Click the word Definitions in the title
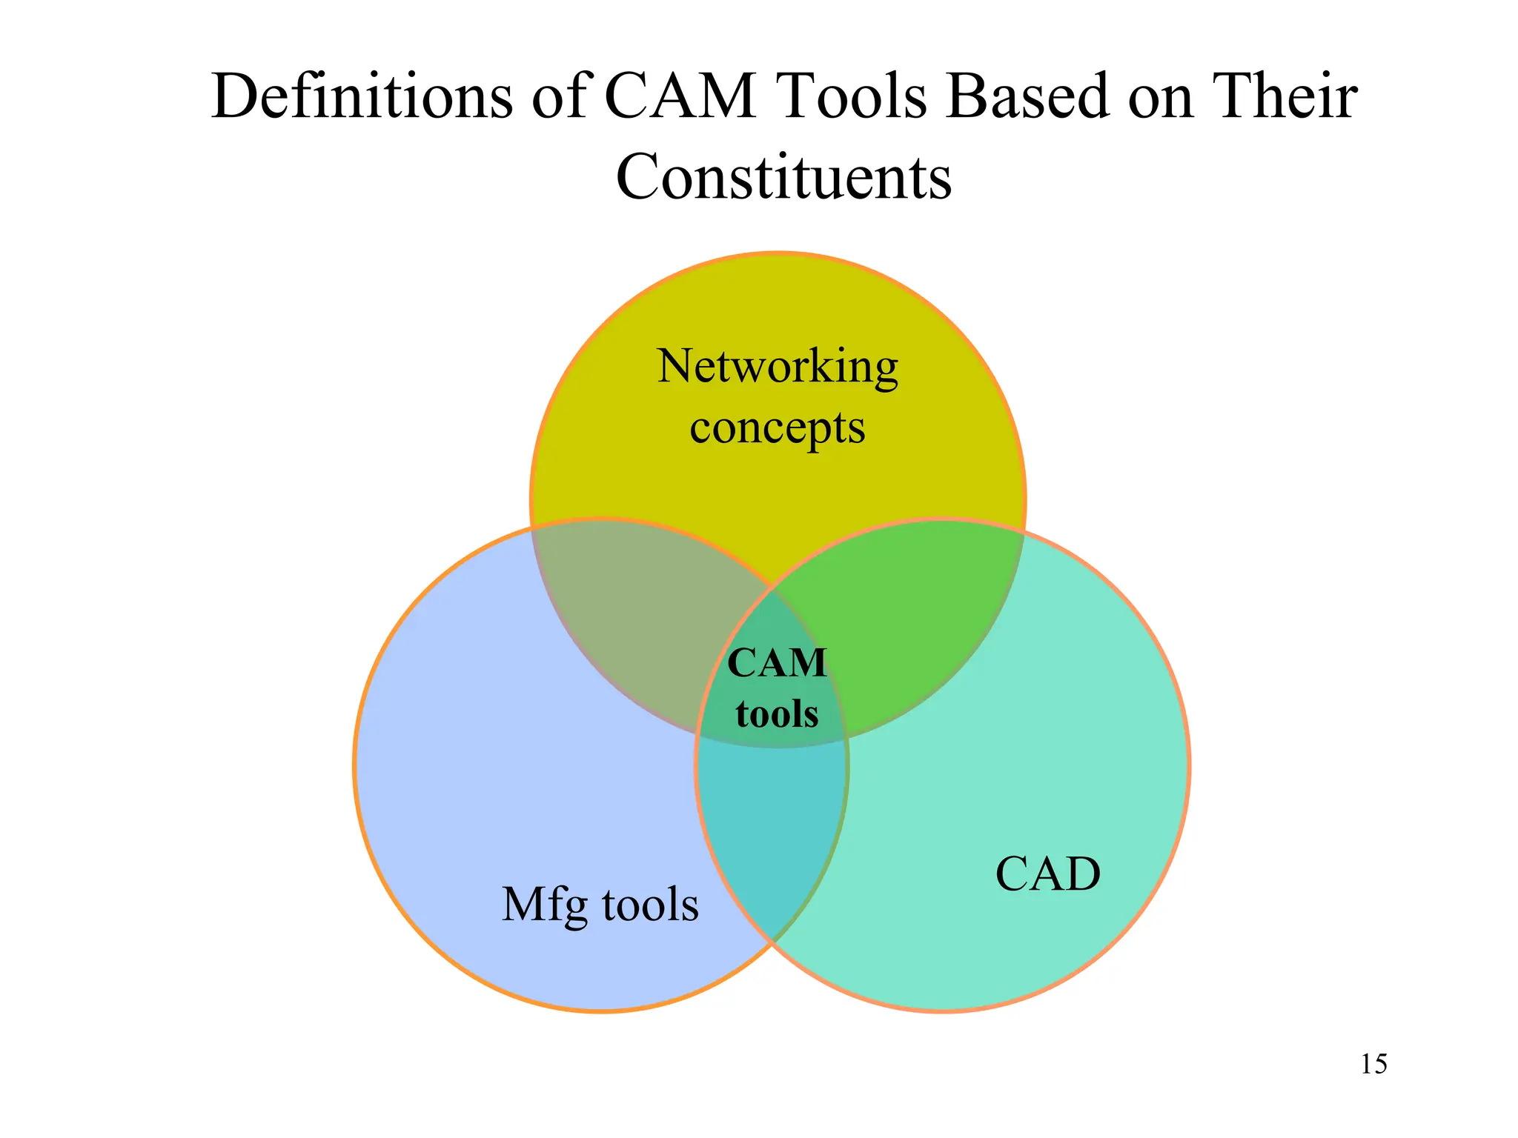(361, 96)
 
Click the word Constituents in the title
(783, 178)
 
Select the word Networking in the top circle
(778, 367)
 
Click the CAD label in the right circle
(1047, 874)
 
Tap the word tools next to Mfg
(650, 905)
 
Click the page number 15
(1373, 1065)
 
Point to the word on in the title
(1160, 96)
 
